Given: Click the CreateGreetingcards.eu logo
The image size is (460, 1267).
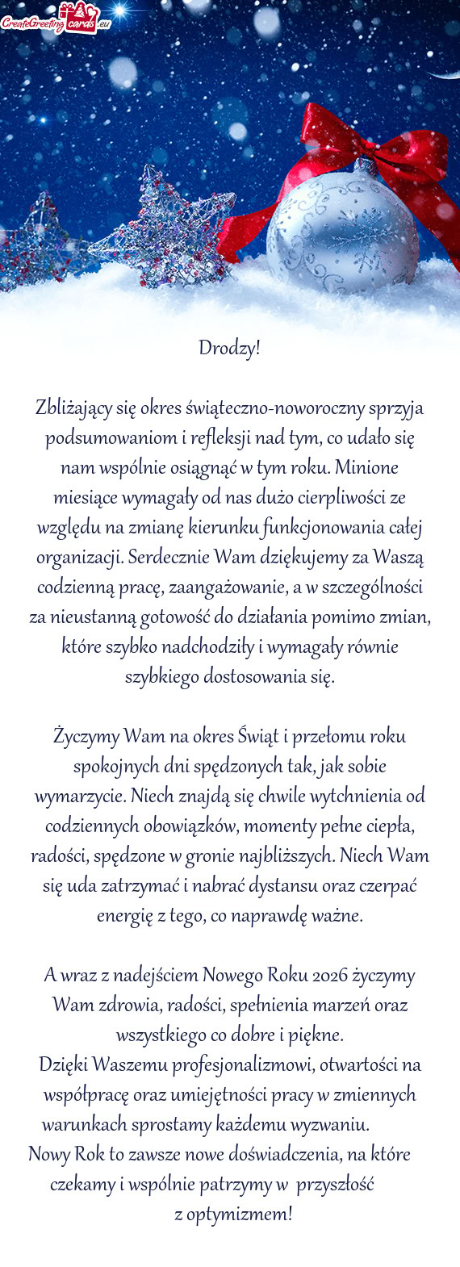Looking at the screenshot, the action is [56, 19].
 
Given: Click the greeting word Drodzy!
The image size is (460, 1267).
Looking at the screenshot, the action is [230, 349].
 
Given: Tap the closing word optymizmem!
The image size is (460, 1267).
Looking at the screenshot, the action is [233, 1214].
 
